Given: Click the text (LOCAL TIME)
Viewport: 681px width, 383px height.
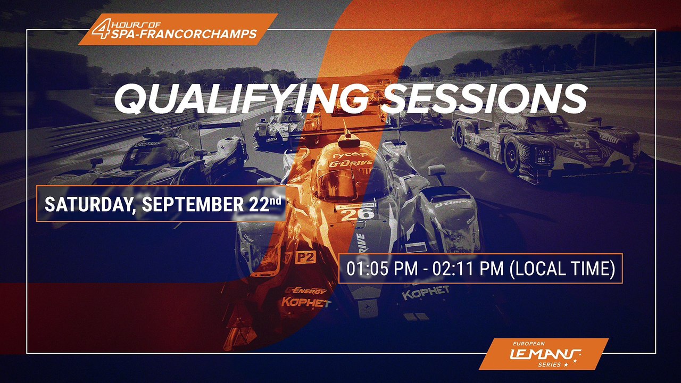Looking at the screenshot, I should pyautogui.click(x=562, y=269).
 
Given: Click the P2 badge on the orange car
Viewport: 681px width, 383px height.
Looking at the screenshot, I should pyautogui.click(x=305, y=257).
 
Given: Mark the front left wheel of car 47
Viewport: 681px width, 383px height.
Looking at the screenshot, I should pyautogui.click(x=511, y=158).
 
